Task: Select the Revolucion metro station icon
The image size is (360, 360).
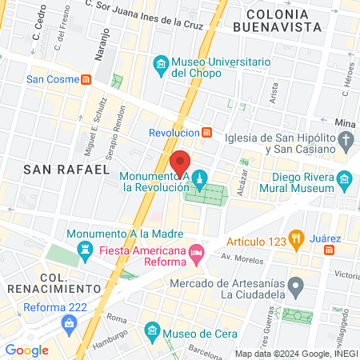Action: point(206,132)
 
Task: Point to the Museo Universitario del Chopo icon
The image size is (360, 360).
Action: point(161,64)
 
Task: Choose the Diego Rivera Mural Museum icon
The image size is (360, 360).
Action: point(345,178)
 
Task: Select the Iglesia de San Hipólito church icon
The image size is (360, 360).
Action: point(346,142)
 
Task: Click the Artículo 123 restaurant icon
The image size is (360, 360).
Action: point(296,237)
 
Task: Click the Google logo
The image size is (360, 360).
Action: point(26,350)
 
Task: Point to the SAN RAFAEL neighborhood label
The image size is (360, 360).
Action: point(66,170)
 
